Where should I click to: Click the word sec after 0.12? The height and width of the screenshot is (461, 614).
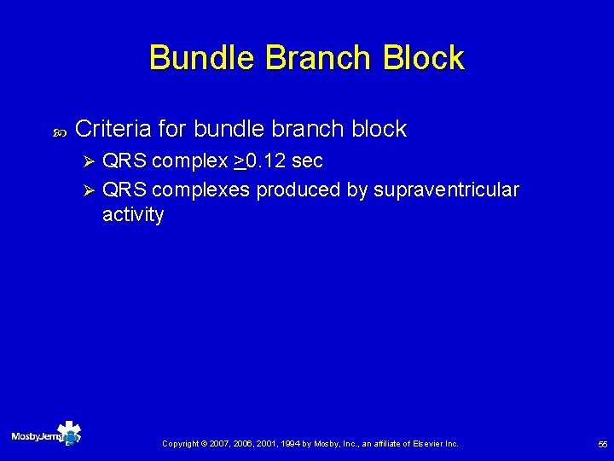[307, 160]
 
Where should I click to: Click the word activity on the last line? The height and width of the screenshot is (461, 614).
[133, 215]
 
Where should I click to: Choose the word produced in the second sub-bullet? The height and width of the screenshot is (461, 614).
[298, 190]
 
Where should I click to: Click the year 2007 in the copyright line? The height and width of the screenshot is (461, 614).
[220, 444]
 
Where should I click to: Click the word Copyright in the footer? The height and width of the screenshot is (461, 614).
[181, 444]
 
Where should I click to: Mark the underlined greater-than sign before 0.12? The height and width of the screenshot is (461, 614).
[238, 160]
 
